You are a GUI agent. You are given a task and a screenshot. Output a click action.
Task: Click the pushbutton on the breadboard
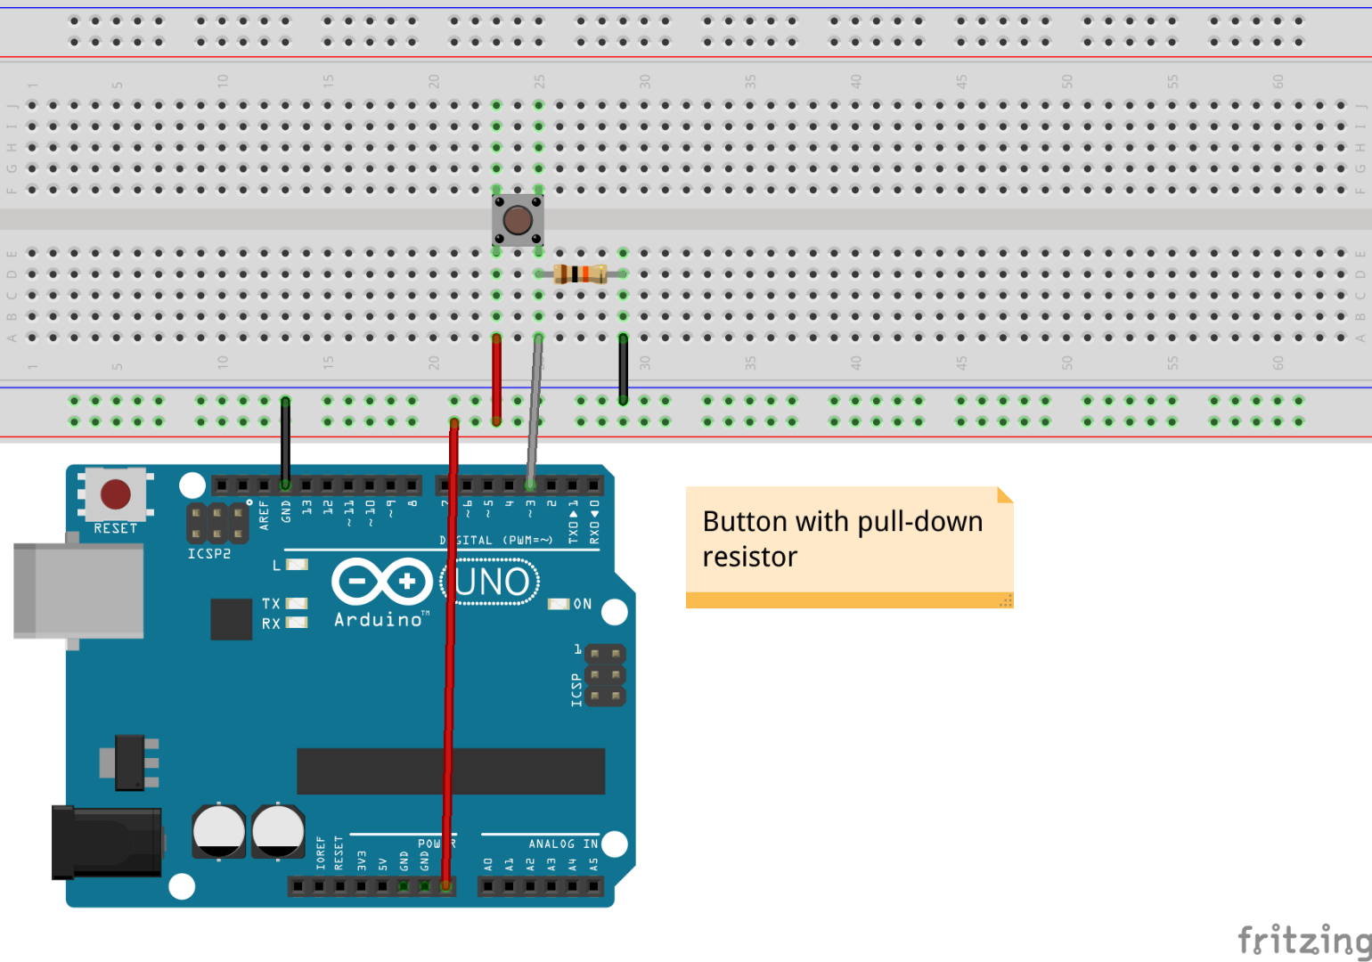click(x=518, y=220)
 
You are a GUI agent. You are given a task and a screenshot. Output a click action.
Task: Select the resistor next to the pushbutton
click(x=580, y=273)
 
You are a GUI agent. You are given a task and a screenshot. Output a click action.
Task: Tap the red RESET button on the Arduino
click(x=116, y=493)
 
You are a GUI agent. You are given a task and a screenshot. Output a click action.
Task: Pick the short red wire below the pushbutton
click(x=496, y=379)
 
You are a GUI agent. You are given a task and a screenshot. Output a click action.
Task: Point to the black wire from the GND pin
click(x=285, y=441)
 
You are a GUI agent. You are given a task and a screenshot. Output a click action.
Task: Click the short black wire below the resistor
click(x=623, y=369)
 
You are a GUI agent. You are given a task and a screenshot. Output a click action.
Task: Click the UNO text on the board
click(x=492, y=583)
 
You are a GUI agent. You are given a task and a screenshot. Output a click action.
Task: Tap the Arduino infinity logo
click(x=381, y=583)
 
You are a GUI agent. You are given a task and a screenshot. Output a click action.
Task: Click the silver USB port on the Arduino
click(x=78, y=591)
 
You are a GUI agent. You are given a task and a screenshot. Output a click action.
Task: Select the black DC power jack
click(x=105, y=843)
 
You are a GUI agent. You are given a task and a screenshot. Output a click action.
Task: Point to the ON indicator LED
click(x=559, y=604)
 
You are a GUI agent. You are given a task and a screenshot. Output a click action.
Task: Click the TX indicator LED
click(x=297, y=604)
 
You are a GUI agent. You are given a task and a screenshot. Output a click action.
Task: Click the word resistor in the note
click(x=749, y=557)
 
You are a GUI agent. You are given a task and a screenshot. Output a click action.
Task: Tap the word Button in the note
click(x=745, y=521)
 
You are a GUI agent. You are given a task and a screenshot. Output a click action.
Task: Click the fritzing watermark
click(x=1304, y=940)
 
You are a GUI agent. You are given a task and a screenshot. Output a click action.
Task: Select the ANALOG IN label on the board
click(x=563, y=844)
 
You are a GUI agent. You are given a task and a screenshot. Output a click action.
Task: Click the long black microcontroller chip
click(x=451, y=770)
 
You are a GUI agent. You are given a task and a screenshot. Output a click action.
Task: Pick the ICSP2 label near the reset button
click(x=209, y=553)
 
